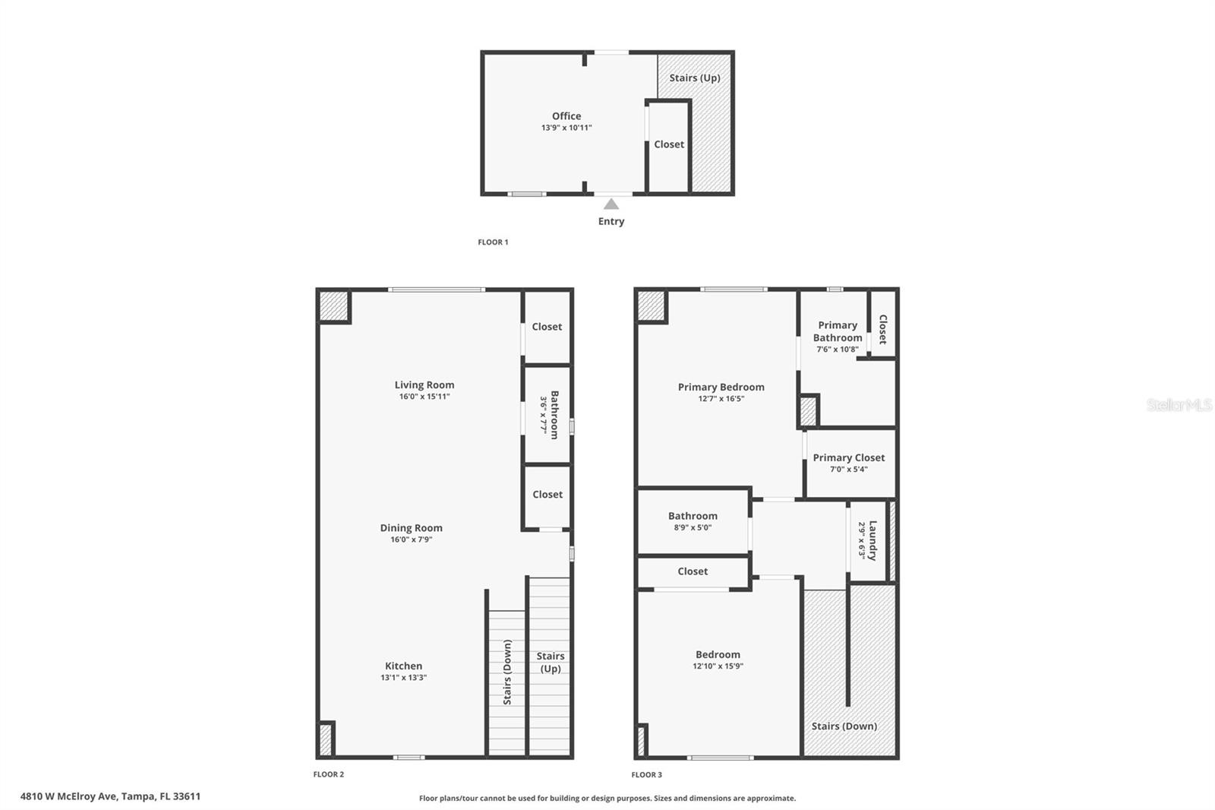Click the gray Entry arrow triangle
(x=611, y=204)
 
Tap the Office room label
(x=566, y=116)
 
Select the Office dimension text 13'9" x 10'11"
(x=566, y=128)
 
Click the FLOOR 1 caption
(x=493, y=242)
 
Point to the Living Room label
(x=424, y=384)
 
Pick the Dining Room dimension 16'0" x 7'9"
(x=411, y=539)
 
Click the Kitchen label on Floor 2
(x=403, y=666)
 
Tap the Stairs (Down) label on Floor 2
(x=507, y=672)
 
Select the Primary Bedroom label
(x=721, y=387)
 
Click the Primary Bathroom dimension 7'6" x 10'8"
(x=838, y=350)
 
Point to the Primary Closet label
(x=848, y=457)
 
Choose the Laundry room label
(x=873, y=539)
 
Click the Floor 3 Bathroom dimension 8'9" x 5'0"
(x=693, y=527)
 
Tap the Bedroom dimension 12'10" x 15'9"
(x=718, y=666)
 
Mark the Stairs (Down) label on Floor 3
(x=844, y=726)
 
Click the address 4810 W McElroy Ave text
(x=110, y=796)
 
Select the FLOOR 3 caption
(x=646, y=775)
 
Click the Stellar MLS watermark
(x=1179, y=405)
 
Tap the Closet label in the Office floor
(x=669, y=144)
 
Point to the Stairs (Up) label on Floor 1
(x=694, y=78)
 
